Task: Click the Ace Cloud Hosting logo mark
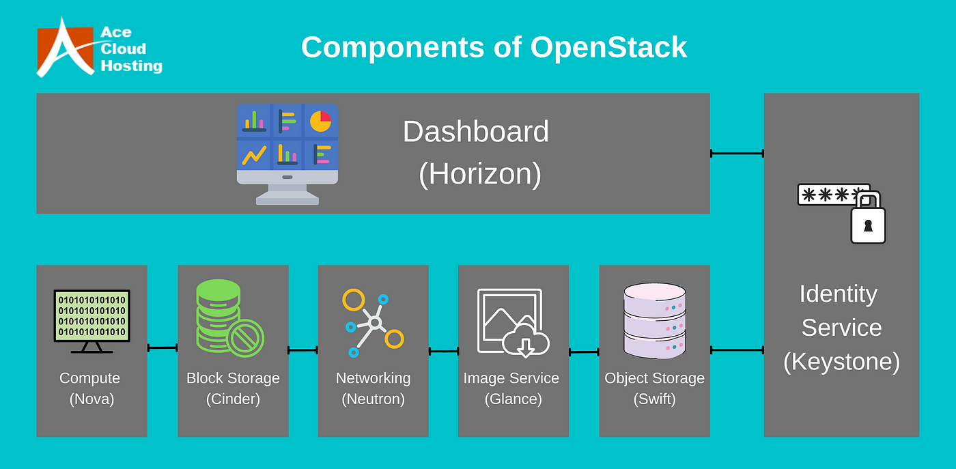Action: (66, 48)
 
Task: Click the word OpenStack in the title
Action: (608, 47)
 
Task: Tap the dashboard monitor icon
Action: (287, 154)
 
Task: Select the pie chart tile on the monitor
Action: (320, 121)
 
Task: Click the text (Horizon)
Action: (479, 174)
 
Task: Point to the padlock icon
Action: (868, 220)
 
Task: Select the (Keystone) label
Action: (841, 361)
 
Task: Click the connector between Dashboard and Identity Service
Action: (737, 154)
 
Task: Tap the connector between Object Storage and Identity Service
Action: (737, 350)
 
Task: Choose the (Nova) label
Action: (92, 399)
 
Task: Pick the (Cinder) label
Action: (233, 399)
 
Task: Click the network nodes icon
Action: (373, 322)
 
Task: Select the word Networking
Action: (373, 378)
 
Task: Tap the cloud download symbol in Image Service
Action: (525, 340)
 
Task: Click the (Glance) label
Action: (513, 399)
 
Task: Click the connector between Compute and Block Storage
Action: (163, 348)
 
